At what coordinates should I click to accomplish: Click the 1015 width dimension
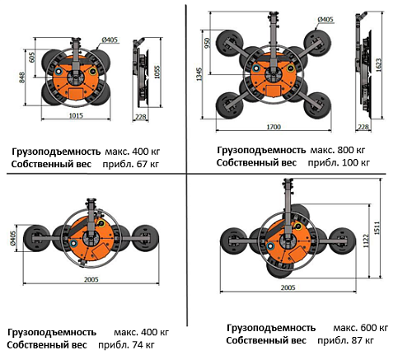tap(76, 115)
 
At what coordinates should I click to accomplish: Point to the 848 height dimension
tap(22, 77)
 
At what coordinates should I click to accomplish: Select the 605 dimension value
tap(32, 57)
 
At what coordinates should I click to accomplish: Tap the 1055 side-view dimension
tap(157, 72)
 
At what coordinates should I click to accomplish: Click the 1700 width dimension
tap(274, 127)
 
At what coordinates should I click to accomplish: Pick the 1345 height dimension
tap(199, 74)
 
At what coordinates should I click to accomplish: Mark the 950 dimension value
tap(208, 43)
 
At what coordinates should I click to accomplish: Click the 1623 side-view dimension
tap(378, 65)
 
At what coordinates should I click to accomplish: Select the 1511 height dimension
tap(377, 228)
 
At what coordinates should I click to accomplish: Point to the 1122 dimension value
tap(366, 241)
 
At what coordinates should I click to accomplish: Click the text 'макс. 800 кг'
tap(338, 150)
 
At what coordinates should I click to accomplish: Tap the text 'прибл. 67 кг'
tap(131, 164)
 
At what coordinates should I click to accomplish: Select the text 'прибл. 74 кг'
tap(127, 344)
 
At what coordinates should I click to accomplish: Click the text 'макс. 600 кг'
tap(361, 328)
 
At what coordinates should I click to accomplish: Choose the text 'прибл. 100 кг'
tap(339, 162)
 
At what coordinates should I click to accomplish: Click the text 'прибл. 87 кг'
tap(346, 340)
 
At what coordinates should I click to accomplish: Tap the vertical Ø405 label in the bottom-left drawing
tap(13, 238)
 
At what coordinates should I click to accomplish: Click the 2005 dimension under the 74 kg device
tap(91, 279)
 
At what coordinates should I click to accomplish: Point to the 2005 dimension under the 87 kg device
tap(288, 288)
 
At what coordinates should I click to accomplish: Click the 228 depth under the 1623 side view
tap(363, 127)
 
